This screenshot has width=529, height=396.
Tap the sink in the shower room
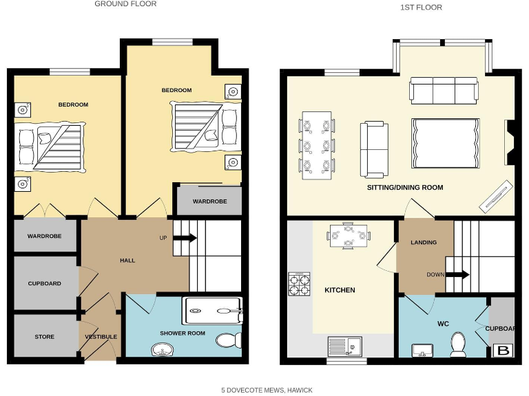163,350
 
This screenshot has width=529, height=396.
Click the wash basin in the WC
422,351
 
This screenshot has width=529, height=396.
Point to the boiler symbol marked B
504,350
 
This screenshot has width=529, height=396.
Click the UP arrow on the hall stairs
184,238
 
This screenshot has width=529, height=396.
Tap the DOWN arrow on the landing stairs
457,274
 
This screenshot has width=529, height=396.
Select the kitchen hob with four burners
299,284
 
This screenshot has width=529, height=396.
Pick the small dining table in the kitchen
349,236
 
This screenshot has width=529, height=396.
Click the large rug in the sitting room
445,142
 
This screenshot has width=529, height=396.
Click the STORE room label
45,337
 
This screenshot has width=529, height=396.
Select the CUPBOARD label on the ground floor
45,283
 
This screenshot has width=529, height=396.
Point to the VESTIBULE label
101,337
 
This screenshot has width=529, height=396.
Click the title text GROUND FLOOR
125,4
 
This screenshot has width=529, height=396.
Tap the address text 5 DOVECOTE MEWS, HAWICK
267,390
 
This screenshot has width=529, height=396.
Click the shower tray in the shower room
212,310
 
